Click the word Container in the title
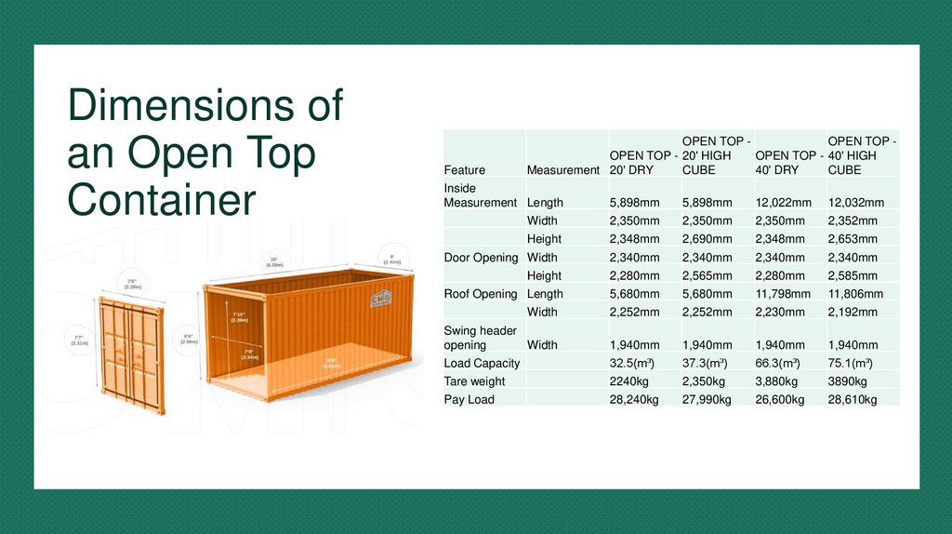[x=161, y=201]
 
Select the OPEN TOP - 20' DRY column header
[x=643, y=163]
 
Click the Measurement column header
[x=562, y=170]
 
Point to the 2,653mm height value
[x=853, y=238]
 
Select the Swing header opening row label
[x=481, y=337]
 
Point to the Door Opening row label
[x=481, y=257]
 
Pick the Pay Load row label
[x=469, y=399]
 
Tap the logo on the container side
[x=380, y=300]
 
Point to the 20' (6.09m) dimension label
[x=274, y=260]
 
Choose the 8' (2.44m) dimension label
[x=391, y=258]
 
